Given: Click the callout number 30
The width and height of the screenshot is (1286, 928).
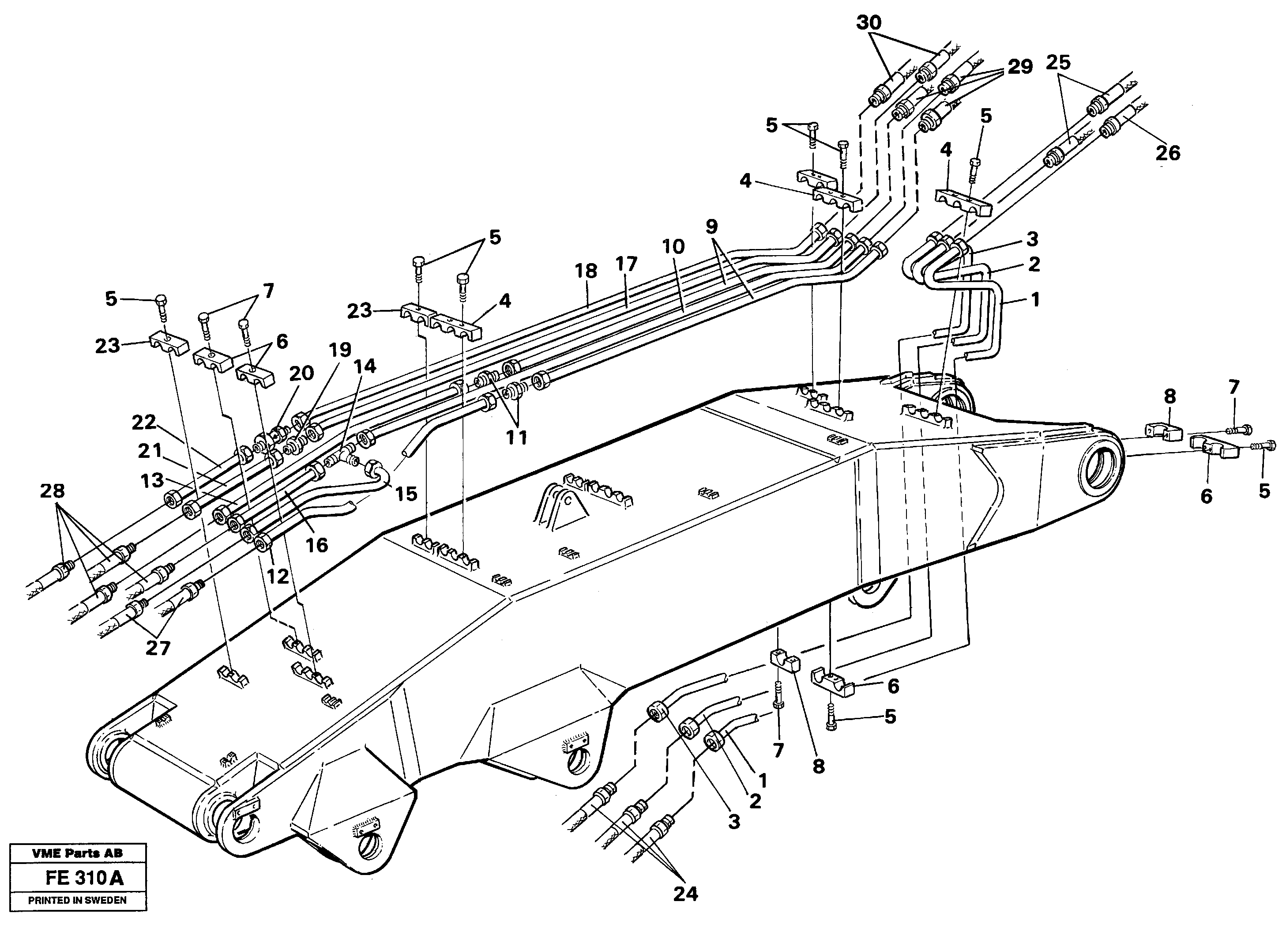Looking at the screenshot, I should pyautogui.click(x=869, y=23).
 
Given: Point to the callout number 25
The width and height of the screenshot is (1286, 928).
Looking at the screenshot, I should pyautogui.click(x=1058, y=62).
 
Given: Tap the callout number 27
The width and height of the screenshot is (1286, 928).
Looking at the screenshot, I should pyautogui.click(x=158, y=648).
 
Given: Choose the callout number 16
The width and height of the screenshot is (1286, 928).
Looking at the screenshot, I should pyautogui.click(x=316, y=545).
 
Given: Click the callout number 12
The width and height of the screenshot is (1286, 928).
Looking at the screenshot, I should pyautogui.click(x=278, y=576).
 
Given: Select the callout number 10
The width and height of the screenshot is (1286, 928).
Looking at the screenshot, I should pyautogui.click(x=673, y=247).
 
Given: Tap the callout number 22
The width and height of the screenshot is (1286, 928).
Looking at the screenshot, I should pyautogui.click(x=143, y=422).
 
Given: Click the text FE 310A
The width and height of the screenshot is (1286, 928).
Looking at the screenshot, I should pyautogui.click(x=84, y=879).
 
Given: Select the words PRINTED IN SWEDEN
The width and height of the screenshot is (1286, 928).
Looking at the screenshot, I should pyautogui.click(x=78, y=900).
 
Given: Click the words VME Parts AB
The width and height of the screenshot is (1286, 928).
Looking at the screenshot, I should pyautogui.click(x=78, y=853).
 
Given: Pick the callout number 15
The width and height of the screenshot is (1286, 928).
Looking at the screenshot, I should pyautogui.click(x=406, y=494).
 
